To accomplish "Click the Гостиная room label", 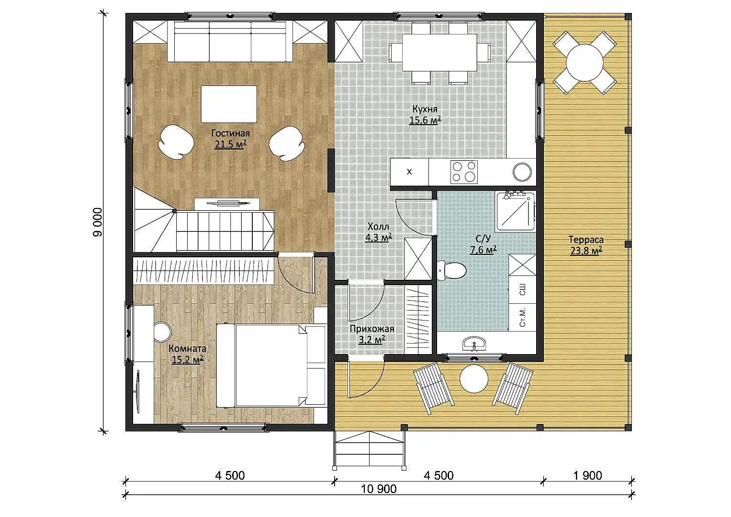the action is click(230, 133).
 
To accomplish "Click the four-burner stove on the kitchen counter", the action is click(464, 172).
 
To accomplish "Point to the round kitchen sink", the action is click(522, 172).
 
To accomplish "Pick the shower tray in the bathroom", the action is click(515, 211).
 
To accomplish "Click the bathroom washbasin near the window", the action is click(474, 344).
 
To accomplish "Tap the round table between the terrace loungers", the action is click(474, 379).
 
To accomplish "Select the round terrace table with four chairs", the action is click(585, 63).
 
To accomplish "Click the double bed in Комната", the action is click(271, 366).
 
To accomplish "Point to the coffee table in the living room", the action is click(229, 104).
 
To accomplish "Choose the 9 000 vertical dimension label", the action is click(98, 222).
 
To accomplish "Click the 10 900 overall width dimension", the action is click(379, 489).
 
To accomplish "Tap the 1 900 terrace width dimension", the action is click(588, 475).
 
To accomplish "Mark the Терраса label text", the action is click(586, 240).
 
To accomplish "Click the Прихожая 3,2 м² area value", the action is click(372, 340).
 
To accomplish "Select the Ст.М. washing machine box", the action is click(522, 317).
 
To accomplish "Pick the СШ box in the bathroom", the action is click(522, 290).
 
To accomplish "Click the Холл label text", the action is click(378, 227).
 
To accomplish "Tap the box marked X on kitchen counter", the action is click(410, 172).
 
